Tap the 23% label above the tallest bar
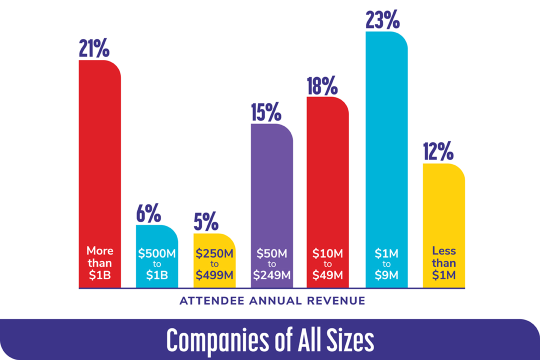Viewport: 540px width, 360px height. click(383, 19)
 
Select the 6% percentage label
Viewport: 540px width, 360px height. click(148, 213)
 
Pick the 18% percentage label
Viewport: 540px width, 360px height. click(322, 85)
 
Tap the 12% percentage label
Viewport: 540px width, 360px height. click(437, 152)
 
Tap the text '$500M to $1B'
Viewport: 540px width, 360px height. click(157, 263)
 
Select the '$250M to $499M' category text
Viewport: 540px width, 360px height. click(214, 263)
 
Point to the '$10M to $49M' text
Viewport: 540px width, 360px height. click(327, 263)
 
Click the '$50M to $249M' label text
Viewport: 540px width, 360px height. click(271, 263)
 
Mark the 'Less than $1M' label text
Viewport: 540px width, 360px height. click(443, 263)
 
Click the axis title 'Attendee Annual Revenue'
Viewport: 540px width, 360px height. click(272, 301)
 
